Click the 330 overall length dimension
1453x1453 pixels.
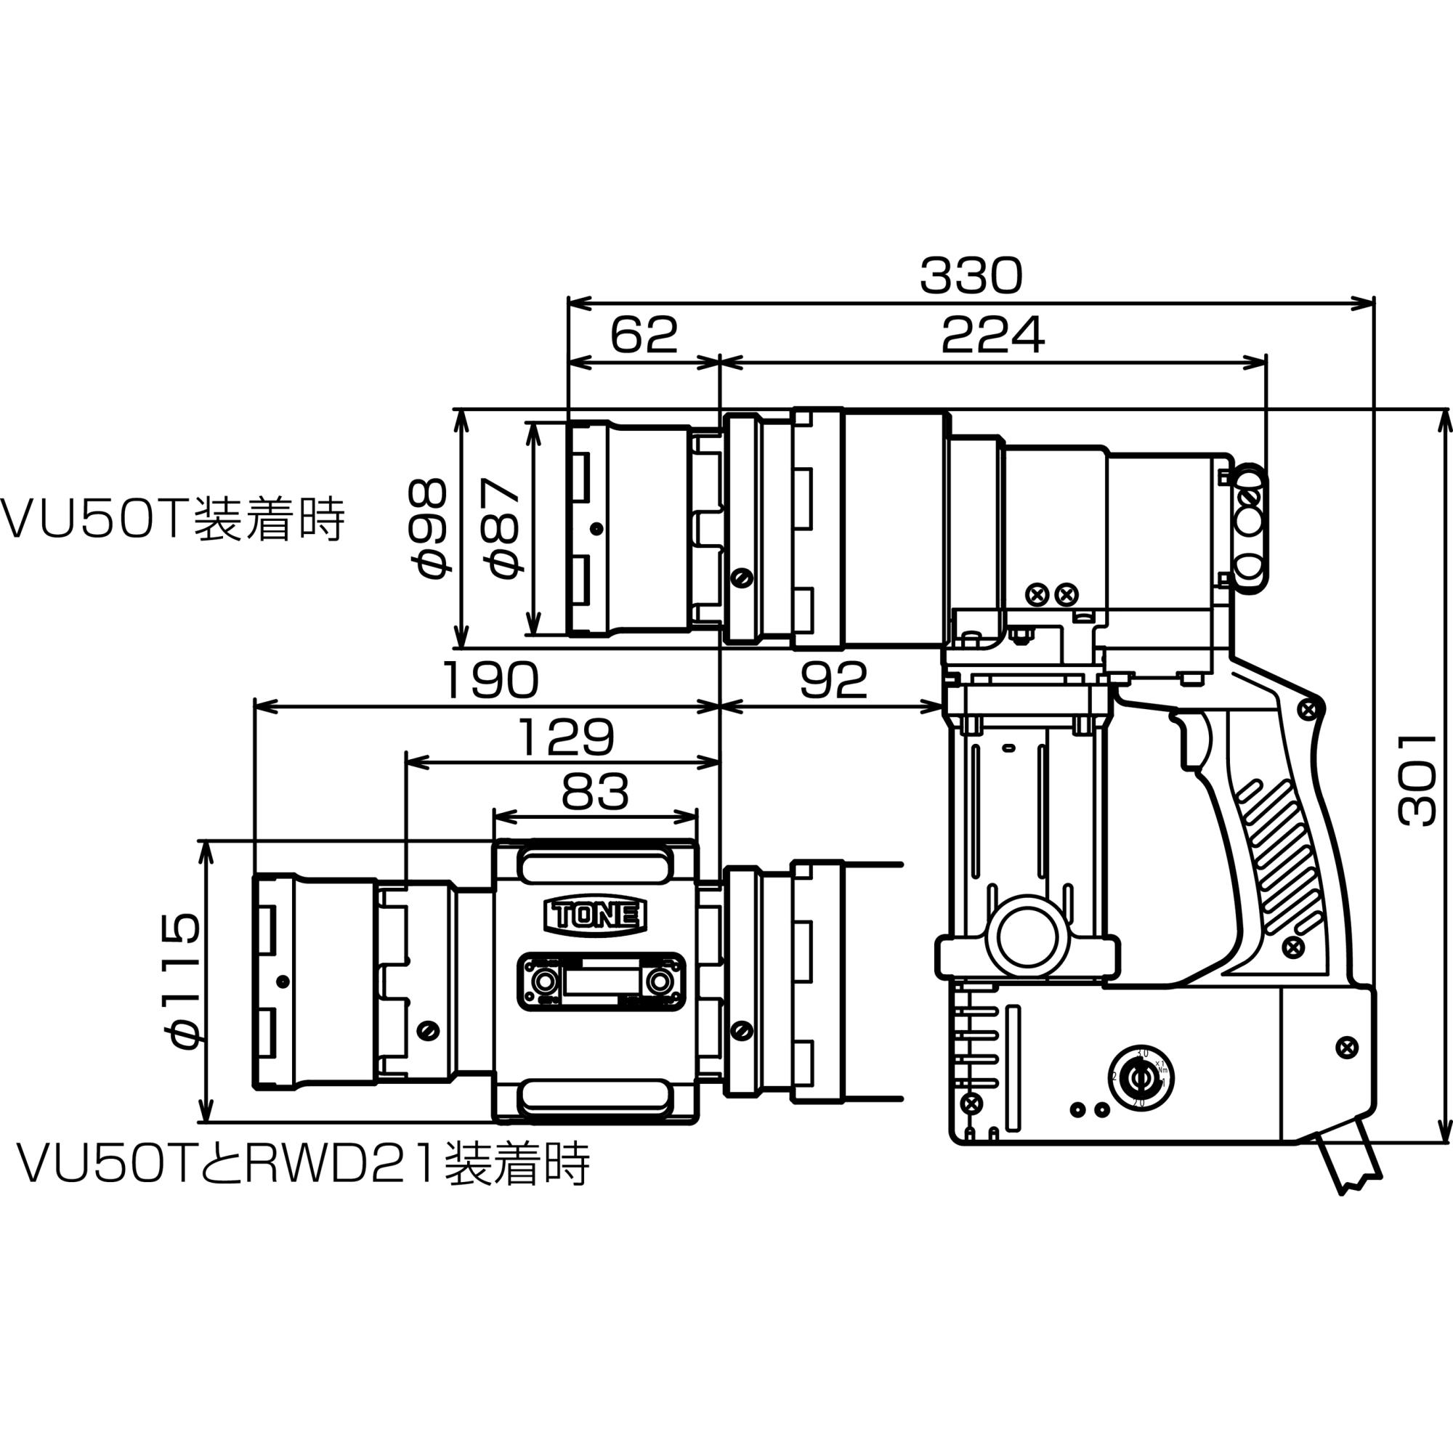[x=971, y=276]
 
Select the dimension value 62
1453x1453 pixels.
[x=644, y=336]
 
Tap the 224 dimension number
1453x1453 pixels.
[x=992, y=336]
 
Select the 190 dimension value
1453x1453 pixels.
[x=490, y=680]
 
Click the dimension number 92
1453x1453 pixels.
[x=833, y=680]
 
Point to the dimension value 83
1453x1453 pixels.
[x=594, y=792]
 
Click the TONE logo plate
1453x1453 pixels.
[x=595, y=916]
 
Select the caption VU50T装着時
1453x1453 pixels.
[x=171, y=519]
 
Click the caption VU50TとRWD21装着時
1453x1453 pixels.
[x=303, y=1163]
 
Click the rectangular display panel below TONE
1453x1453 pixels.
[x=601, y=982]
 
